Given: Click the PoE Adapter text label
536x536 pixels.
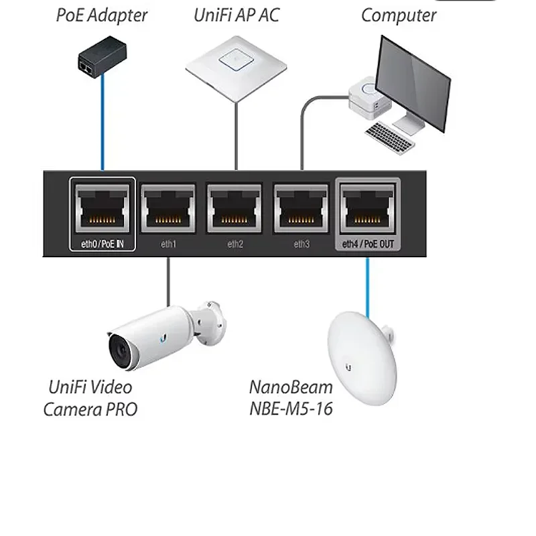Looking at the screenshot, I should pos(101,15).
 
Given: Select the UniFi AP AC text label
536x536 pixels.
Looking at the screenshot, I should pos(236,15).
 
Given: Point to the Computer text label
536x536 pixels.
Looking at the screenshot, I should pos(399,15).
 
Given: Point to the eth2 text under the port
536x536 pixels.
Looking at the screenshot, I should pos(235,244).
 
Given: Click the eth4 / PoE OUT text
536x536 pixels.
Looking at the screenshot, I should pos(367,244).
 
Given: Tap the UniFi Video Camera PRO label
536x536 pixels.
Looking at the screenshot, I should pos(90,398).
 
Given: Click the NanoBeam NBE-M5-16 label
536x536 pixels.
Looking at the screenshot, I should pos(291,398).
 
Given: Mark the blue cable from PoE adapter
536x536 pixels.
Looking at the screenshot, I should pos(103,121).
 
